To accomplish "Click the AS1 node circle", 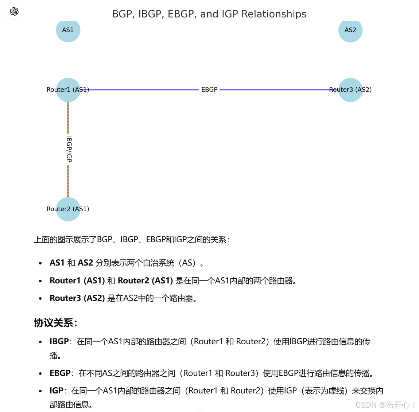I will pos(68,30).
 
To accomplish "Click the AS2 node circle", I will pos(350,30).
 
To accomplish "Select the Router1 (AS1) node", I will pos(68,90).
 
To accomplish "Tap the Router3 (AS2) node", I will pos(350,90).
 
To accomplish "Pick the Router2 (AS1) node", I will pos(68,209).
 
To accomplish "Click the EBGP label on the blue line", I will pos(209,90).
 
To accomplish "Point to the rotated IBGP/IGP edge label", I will pos(69,149).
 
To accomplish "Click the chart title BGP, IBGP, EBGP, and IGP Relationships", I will pos(209,14).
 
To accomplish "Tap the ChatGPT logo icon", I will pos(14,11).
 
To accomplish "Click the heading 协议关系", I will pos(55,323).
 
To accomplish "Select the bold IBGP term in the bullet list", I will pos(59,342).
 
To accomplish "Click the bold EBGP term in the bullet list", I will pos(60,373).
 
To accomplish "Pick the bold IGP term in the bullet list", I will pos(57,391).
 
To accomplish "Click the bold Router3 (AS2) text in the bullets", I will pos(77,298).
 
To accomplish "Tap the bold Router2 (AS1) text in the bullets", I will pos(145,281).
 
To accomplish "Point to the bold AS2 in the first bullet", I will pos(85,263).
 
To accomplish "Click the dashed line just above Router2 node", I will pos(68,182).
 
